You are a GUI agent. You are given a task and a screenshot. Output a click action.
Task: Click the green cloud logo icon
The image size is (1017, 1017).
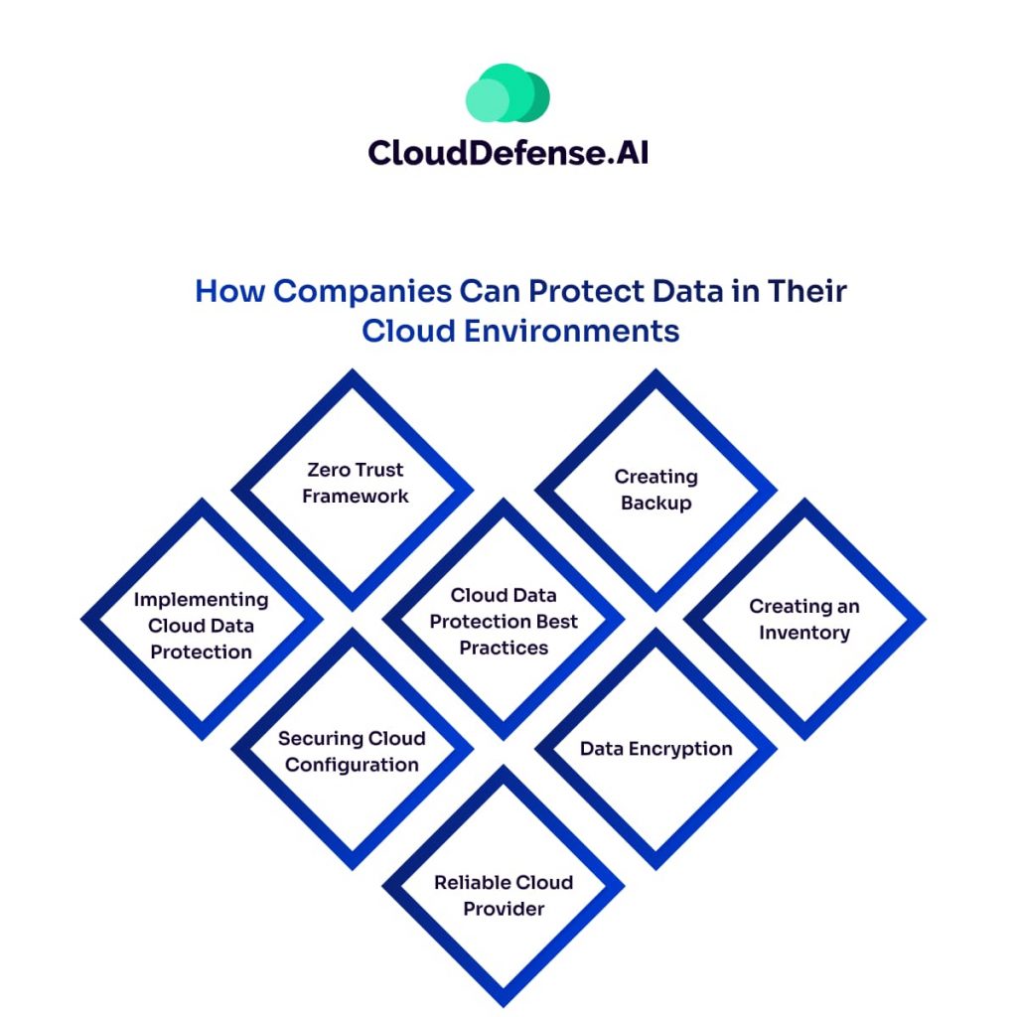click(x=508, y=94)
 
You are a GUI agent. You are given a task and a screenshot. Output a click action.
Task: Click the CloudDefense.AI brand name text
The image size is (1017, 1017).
click(x=508, y=152)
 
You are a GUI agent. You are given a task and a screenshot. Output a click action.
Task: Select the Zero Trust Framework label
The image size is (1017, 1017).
click(x=355, y=483)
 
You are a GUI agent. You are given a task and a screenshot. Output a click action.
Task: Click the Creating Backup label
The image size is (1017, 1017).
click(x=655, y=490)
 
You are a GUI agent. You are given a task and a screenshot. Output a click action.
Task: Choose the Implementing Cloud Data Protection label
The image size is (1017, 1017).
click(x=201, y=626)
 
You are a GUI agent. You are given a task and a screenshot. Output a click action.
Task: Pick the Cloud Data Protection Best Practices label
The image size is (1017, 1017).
click(x=504, y=622)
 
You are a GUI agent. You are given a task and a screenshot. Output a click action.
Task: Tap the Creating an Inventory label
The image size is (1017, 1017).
click(x=804, y=619)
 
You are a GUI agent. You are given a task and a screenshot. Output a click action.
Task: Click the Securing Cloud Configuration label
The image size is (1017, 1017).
click(x=352, y=752)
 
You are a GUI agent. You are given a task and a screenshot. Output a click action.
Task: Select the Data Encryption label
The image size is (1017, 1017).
click(x=655, y=749)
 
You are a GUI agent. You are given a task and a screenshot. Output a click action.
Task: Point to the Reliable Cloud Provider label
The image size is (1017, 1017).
click(x=504, y=895)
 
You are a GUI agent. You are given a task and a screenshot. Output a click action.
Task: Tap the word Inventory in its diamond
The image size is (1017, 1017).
click(x=804, y=633)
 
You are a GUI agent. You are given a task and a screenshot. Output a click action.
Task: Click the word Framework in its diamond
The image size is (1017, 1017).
click(x=355, y=496)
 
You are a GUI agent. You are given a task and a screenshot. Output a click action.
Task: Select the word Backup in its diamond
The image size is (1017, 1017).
click(x=655, y=503)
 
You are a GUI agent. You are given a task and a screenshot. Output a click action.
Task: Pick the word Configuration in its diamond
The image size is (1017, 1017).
click(x=352, y=765)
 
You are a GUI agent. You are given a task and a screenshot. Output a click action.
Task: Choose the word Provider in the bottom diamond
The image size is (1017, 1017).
click(x=504, y=908)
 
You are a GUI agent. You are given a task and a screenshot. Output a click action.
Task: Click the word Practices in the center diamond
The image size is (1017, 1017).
click(x=504, y=648)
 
